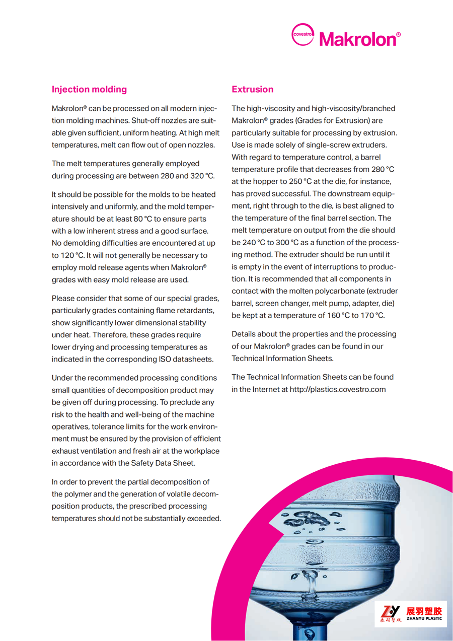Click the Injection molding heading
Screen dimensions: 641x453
[x=89, y=90]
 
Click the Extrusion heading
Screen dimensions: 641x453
[x=252, y=90]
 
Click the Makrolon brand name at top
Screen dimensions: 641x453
[x=359, y=38]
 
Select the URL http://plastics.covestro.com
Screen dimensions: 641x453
[x=338, y=389]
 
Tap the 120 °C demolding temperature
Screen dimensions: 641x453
[x=70, y=255]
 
